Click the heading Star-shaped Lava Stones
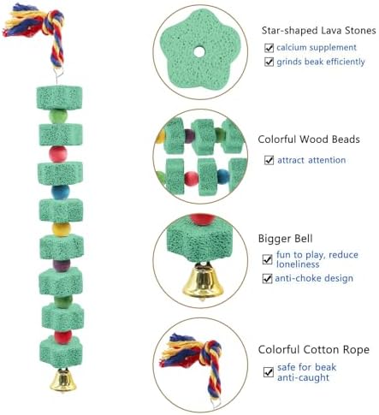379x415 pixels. [318, 30]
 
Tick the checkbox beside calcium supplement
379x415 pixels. [269, 48]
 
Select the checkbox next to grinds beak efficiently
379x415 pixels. [269, 62]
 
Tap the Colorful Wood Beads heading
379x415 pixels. [309, 139]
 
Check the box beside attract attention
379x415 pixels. [269, 160]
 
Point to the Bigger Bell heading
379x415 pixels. [285, 239]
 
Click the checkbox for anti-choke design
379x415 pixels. [267, 278]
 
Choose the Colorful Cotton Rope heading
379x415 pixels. [314, 350]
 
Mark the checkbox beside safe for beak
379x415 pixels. [269, 372]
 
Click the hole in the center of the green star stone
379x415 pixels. [199, 52]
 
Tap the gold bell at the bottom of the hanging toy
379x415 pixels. [63, 380]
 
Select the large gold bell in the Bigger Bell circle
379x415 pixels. [203, 281]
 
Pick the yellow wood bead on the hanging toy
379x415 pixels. [61, 229]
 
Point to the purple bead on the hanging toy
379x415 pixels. [62, 265]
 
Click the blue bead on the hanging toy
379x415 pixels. [60, 192]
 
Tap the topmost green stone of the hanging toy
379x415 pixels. [59, 98]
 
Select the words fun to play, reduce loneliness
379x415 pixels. [317, 259]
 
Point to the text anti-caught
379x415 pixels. [303, 378]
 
